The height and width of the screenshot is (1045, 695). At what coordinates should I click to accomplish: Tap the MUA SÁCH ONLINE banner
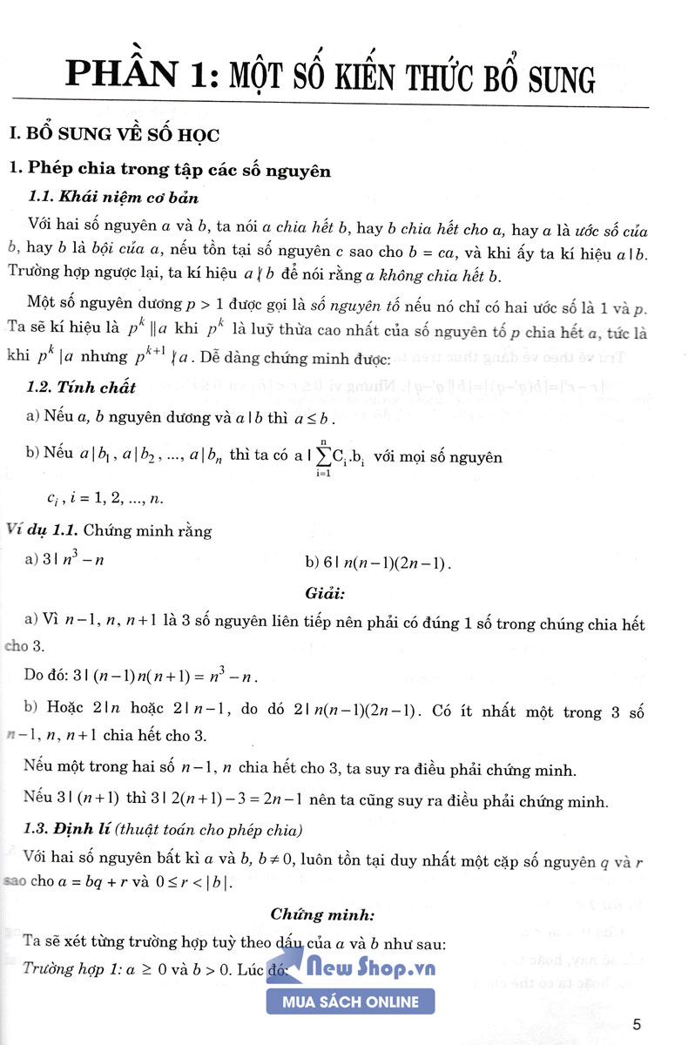[x=350, y=1001]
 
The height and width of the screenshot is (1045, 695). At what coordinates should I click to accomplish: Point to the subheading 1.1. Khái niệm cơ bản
[x=113, y=198]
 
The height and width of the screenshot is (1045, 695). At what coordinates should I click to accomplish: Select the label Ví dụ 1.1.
[x=43, y=530]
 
